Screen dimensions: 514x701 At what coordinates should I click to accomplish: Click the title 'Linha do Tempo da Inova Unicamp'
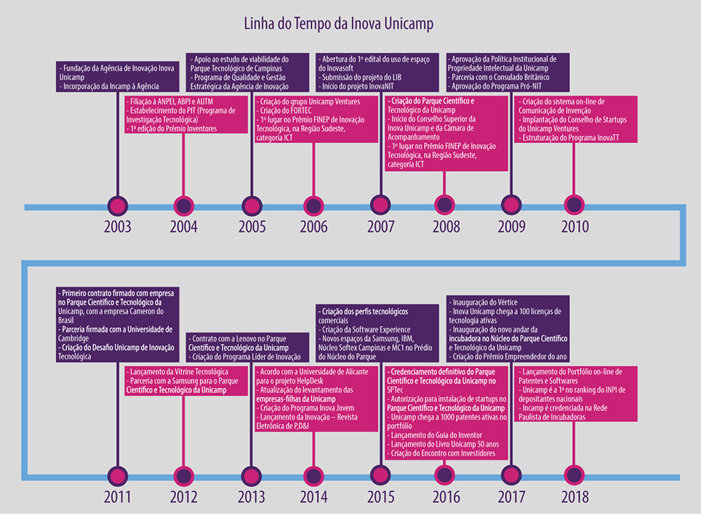pyautogui.click(x=339, y=24)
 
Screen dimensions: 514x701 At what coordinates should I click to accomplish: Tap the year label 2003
pyautogui.click(x=117, y=227)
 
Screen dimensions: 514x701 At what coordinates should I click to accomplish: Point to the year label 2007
pyautogui.click(x=381, y=227)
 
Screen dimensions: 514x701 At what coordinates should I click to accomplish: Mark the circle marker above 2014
pyautogui.click(x=313, y=475)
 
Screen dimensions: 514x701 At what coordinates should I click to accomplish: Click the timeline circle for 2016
pyautogui.click(x=445, y=475)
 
